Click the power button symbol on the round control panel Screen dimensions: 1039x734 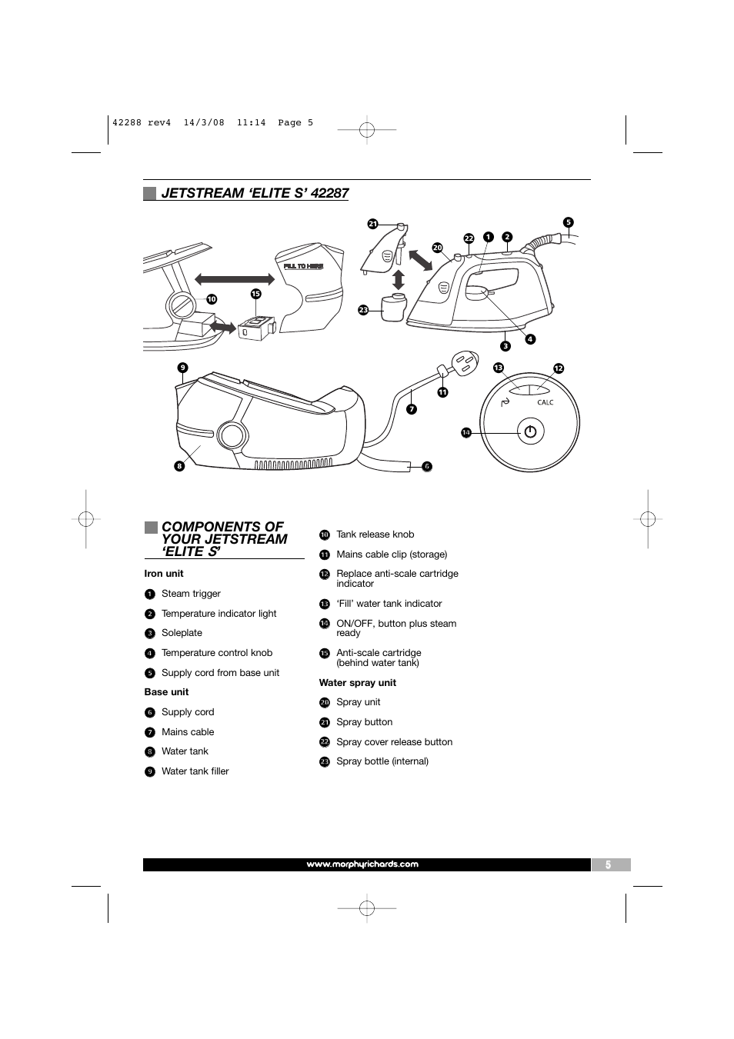[x=529, y=431]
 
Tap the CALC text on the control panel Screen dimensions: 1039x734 [x=545, y=402]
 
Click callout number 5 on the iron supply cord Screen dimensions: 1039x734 [x=568, y=223]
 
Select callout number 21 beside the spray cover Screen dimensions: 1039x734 [x=372, y=225]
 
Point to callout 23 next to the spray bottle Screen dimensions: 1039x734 [x=363, y=310]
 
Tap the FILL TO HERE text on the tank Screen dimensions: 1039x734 [x=303, y=266]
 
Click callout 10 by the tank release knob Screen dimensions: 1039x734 [x=211, y=299]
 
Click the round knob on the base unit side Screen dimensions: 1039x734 [x=230, y=435]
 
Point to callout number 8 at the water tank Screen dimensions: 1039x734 [x=179, y=465]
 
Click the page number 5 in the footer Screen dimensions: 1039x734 [x=608, y=864]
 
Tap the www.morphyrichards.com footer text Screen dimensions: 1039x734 [x=362, y=864]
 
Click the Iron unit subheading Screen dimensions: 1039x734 [x=164, y=574]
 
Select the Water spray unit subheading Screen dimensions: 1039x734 [x=357, y=683]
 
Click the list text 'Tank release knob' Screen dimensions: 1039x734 [x=375, y=534]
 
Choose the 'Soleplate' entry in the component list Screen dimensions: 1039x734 [x=182, y=633]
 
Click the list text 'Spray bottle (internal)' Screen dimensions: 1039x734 [x=382, y=761]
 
